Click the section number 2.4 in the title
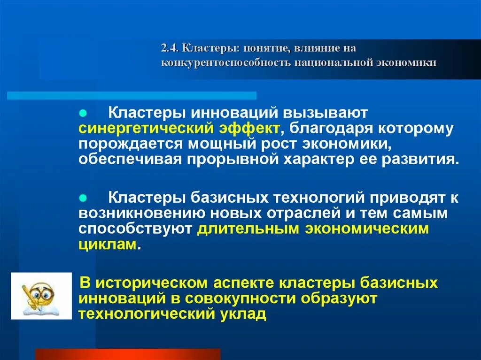(168, 48)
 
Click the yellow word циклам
(108, 244)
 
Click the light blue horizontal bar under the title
(132, 96)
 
